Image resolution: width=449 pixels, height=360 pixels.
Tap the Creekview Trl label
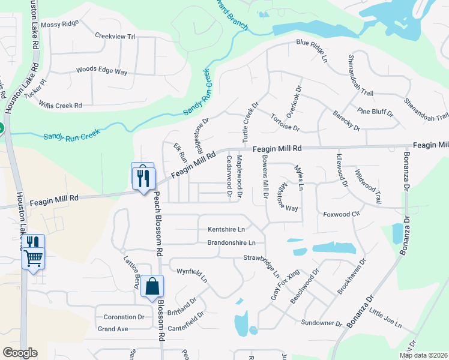[115, 36]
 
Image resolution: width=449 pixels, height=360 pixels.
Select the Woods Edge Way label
[101, 71]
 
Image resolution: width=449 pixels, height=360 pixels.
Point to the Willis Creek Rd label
[61, 106]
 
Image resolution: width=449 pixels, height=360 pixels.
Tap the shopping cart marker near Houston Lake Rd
[34, 259]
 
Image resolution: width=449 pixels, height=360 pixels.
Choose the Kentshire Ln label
[226, 229]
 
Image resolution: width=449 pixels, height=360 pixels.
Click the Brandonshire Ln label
[232, 243]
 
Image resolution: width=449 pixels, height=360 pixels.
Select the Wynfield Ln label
[191, 275]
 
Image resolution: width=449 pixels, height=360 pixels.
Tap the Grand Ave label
[113, 329]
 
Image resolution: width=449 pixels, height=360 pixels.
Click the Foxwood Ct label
[341, 214]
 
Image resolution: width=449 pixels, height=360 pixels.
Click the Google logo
[20, 353]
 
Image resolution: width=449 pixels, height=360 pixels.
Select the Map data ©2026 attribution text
[423, 355]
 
